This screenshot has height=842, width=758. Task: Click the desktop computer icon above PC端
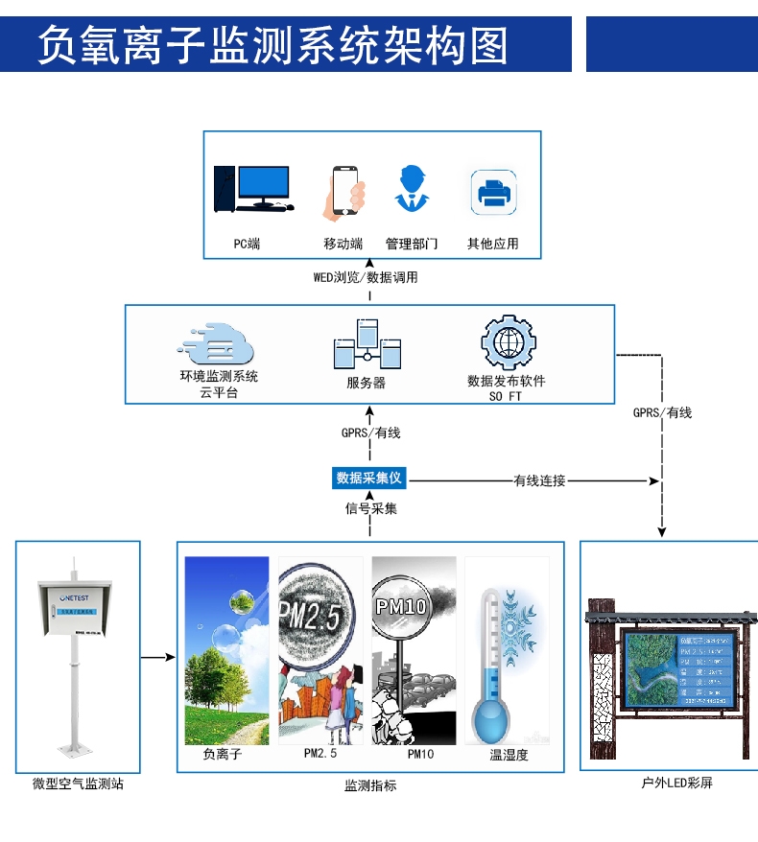251,188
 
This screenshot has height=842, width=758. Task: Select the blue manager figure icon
412,190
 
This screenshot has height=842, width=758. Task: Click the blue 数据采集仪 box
370,478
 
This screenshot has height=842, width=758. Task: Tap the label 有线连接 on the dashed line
539,480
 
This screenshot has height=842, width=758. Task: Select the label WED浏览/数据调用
366,278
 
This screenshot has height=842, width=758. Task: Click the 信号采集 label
370,508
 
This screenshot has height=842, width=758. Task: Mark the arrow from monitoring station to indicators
158,658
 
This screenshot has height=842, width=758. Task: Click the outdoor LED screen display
679,667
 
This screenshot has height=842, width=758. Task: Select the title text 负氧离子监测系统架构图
272,44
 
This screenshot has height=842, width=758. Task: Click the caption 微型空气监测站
78,784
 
